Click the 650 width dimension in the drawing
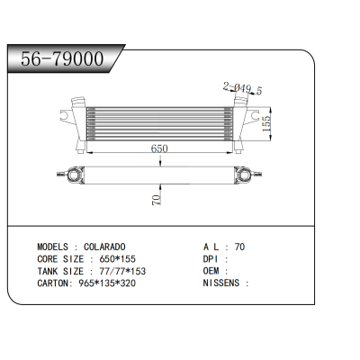[x=158, y=148]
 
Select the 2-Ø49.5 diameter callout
[x=242, y=88]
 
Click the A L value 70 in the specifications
[x=238, y=246]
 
